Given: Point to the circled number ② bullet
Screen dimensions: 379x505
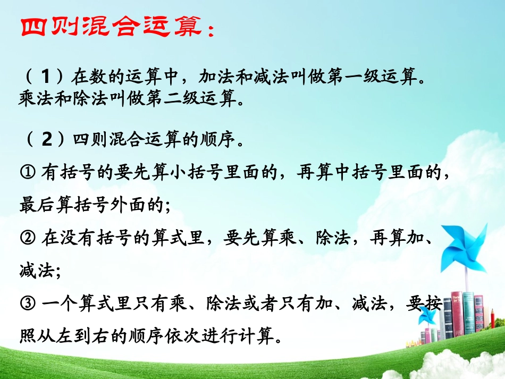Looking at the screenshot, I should coord(28,238).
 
